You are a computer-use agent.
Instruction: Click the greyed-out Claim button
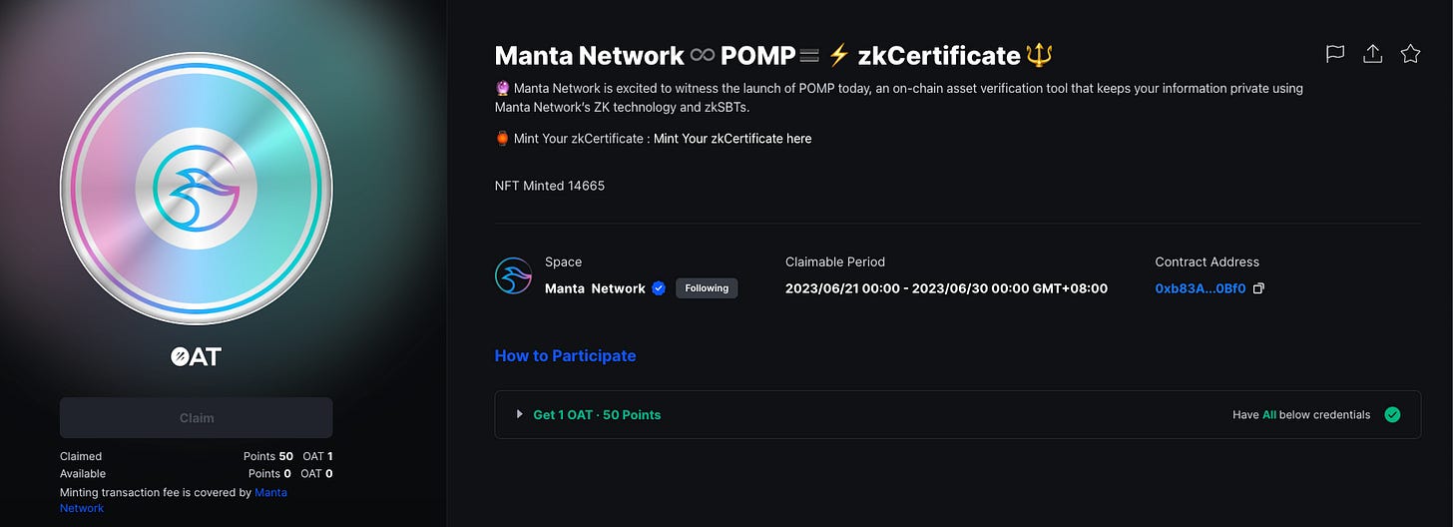coord(196,417)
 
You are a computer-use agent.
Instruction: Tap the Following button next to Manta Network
coord(707,288)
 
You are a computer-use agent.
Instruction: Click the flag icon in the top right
coord(1334,54)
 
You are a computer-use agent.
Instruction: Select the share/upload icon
coord(1372,54)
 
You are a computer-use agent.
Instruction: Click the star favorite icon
coord(1410,54)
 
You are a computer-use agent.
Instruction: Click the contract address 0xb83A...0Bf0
coord(1200,288)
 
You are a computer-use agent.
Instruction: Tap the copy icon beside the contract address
coord(1259,288)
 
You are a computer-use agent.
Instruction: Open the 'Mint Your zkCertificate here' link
coord(732,139)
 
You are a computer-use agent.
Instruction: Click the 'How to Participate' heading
coord(565,355)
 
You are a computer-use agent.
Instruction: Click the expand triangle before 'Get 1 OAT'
coord(519,414)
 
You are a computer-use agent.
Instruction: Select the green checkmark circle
coord(1392,414)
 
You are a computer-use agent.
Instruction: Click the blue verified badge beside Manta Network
coord(659,288)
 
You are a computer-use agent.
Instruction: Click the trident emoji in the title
coord(1039,55)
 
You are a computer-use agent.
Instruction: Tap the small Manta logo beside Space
coord(513,275)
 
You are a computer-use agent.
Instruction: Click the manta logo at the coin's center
coord(197,189)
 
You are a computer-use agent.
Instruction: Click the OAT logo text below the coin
coord(196,356)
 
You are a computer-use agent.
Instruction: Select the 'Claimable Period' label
coord(834,262)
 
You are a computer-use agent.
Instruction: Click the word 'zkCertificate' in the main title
coord(938,55)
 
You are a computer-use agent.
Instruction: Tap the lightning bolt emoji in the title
coord(838,55)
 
